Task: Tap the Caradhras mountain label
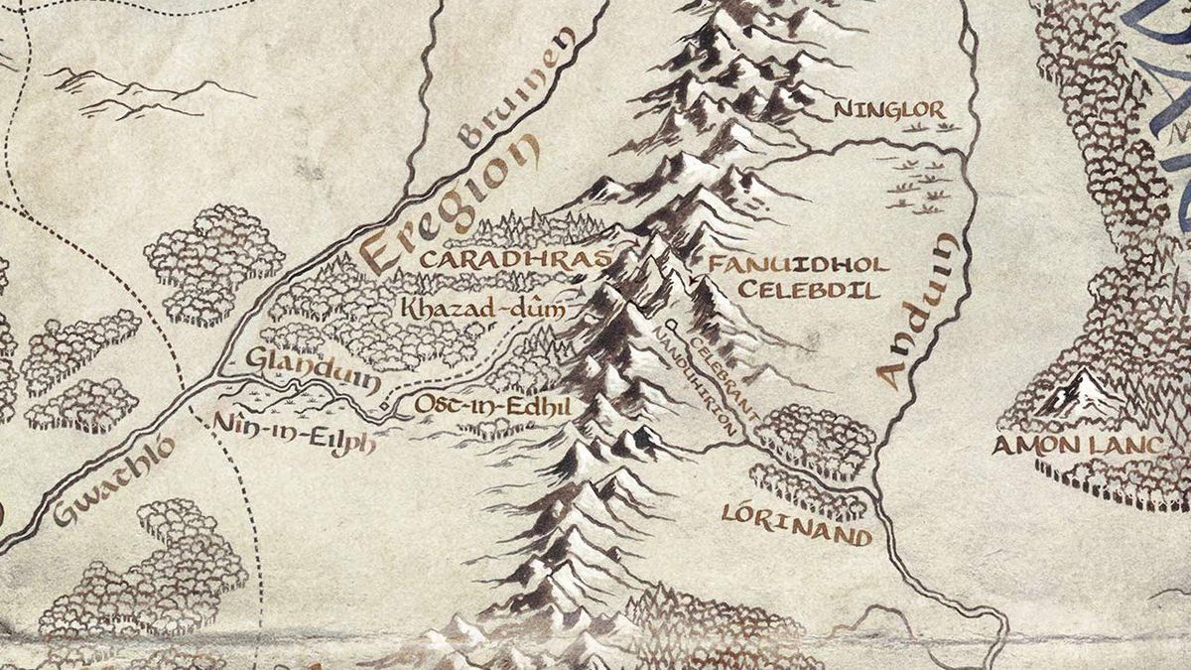513,259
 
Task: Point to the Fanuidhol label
800,265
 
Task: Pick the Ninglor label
889,110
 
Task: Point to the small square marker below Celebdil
672,325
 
